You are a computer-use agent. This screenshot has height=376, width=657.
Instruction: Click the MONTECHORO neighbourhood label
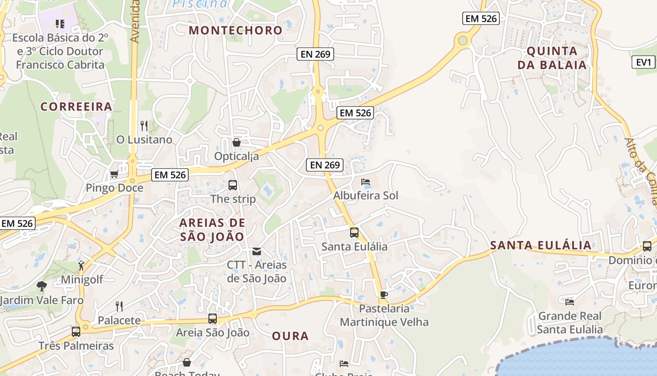pyautogui.click(x=236, y=31)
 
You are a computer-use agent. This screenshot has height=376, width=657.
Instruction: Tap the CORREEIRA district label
pyautogui.click(x=76, y=107)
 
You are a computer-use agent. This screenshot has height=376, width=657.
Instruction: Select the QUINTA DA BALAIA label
pyautogui.click(x=552, y=58)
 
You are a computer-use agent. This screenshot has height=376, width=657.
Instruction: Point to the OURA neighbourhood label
pyautogui.click(x=290, y=336)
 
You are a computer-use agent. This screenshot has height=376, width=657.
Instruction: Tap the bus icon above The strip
pyautogui.click(x=233, y=185)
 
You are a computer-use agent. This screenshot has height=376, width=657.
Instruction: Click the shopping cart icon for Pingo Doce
pyautogui.click(x=114, y=175)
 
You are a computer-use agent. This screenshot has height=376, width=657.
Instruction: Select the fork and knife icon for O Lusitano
pyautogui.click(x=144, y=126)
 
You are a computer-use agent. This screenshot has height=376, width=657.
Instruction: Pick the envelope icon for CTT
pyautogui.click(x=257, y=251)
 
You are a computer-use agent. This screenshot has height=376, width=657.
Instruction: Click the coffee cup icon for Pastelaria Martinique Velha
pyautogui.click(x=384, y=295)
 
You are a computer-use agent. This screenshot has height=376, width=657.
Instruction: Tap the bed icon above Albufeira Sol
pyautogui.click(x=366, y=182)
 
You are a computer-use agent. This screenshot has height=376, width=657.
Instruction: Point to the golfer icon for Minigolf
pyautogui.click(x=82, y=266)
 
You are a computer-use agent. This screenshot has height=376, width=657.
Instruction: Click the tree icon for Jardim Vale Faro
pyautogui.click(x=42, y=286)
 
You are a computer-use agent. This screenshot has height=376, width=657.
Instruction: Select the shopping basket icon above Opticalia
pyautogui.click(x=237, y=142)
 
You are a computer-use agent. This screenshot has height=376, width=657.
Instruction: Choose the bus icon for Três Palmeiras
pyautogui.click(x=76, y=332)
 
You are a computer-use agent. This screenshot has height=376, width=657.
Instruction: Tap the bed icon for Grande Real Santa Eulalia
pyautogui.click(x=570, y=302)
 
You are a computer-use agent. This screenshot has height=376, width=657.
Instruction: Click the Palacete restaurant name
pyautogui.click(x=119, y=321)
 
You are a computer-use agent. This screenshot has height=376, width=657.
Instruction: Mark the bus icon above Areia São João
pyautogui.click(x=213, y=319)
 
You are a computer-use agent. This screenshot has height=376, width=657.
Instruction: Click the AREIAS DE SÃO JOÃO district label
pyautogui.click(x=213, y=229)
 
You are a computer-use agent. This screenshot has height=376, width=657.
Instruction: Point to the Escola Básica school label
pyautogui.click(x=60, y=51)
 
